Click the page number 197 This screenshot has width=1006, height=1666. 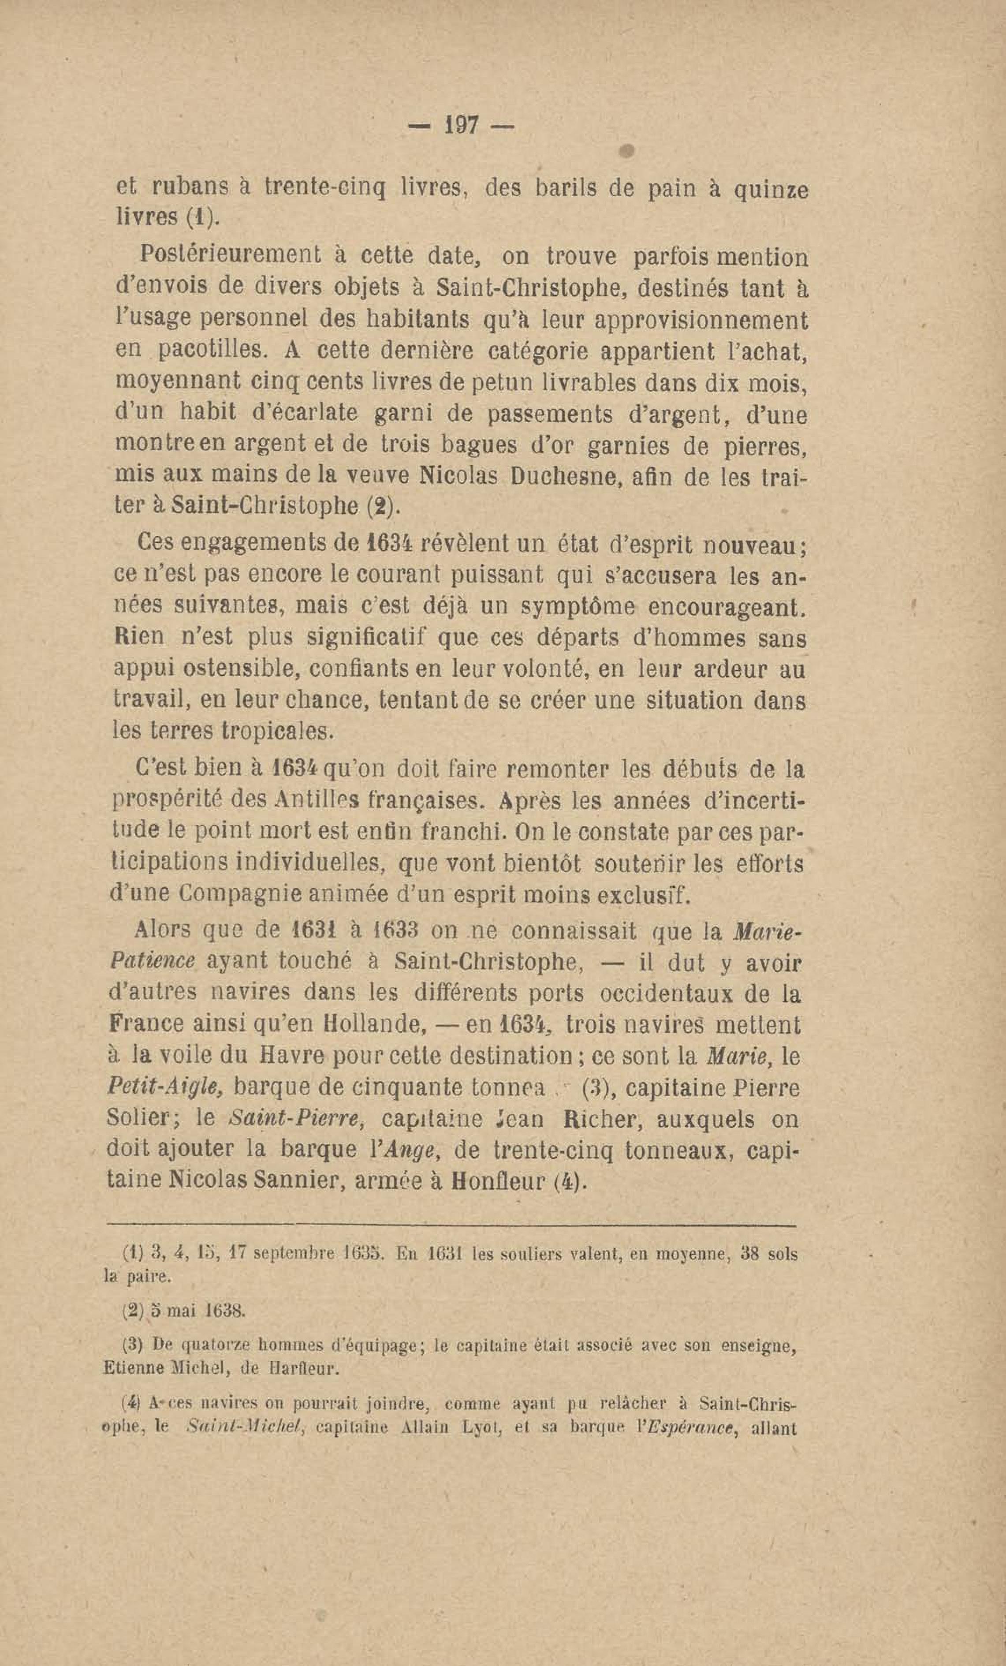(461, 126)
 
